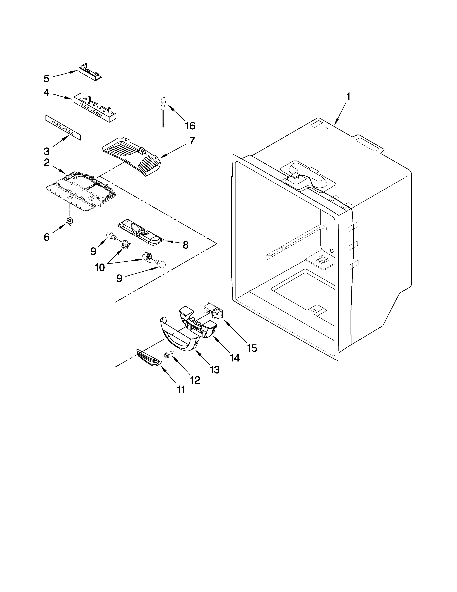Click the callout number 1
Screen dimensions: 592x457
[348, 97]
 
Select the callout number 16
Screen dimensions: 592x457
[190, 126]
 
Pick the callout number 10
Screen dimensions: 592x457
[100, 267]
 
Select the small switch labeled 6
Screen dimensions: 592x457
[70, 222]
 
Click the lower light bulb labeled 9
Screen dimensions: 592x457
[159, 264]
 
